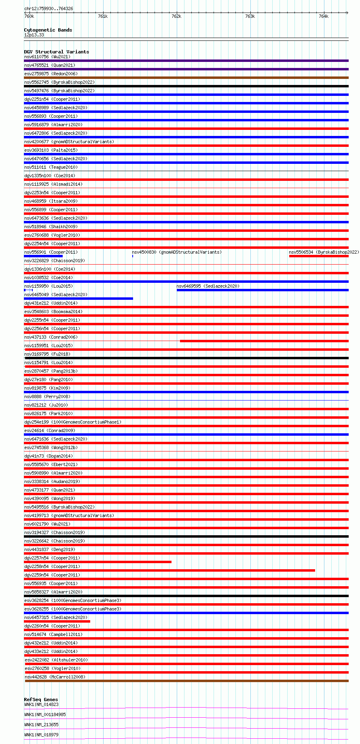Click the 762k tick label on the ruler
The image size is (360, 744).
176,17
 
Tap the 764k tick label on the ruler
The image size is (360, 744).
324,17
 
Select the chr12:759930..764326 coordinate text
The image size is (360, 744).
49,8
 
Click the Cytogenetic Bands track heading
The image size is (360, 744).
48,30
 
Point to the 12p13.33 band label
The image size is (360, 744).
34,35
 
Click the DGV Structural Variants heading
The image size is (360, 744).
56,52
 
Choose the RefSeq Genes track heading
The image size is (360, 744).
41,699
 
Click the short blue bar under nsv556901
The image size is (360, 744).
43,256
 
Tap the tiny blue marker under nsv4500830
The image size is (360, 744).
133,256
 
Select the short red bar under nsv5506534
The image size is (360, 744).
318,256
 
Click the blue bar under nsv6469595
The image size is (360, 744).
262,290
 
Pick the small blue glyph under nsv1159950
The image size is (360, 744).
28,290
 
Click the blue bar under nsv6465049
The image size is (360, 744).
78,299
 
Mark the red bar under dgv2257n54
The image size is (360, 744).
97,562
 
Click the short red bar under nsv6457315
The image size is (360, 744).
57,621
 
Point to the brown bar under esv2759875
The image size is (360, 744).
186,78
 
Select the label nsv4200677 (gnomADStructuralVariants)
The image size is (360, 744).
69,142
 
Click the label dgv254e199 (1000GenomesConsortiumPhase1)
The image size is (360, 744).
73,422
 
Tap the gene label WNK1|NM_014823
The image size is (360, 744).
41,704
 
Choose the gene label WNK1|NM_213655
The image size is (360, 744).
41,725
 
